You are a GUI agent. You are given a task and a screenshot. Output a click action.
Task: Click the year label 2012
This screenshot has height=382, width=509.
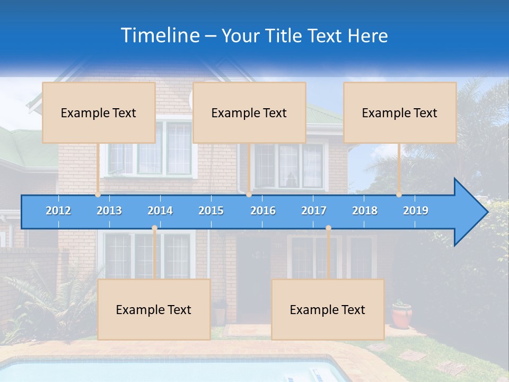58,211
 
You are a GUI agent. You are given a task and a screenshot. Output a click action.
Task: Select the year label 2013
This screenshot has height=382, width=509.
109,211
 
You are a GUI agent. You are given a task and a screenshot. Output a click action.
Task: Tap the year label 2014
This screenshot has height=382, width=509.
160,211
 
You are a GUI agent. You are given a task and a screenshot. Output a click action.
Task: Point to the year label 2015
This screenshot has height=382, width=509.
211,211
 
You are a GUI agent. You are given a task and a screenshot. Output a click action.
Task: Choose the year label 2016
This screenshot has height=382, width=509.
263,211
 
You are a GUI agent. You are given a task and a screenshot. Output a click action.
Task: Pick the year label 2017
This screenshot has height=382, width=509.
314,211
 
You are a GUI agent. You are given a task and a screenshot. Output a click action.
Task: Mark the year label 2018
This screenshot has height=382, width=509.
365,211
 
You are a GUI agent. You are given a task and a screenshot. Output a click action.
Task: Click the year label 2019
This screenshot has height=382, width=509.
416,211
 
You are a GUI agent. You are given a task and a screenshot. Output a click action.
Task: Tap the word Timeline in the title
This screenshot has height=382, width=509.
160,36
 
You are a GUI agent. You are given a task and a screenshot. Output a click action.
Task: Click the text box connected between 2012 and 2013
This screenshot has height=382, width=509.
99,112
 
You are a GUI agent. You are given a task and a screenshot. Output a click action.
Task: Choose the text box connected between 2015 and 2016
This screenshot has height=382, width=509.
249,112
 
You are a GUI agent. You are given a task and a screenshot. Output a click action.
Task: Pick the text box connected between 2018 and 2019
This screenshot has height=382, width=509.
400,112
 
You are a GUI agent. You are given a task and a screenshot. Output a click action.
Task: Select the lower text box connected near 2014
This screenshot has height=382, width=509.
154,309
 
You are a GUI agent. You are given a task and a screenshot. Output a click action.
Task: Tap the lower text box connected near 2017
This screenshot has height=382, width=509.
328,309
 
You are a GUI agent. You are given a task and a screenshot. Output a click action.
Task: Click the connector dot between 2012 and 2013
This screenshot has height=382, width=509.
98,195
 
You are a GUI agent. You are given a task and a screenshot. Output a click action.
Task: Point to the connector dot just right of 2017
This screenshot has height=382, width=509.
328,228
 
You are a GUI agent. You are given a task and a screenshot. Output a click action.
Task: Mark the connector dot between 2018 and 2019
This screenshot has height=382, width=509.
399,195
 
